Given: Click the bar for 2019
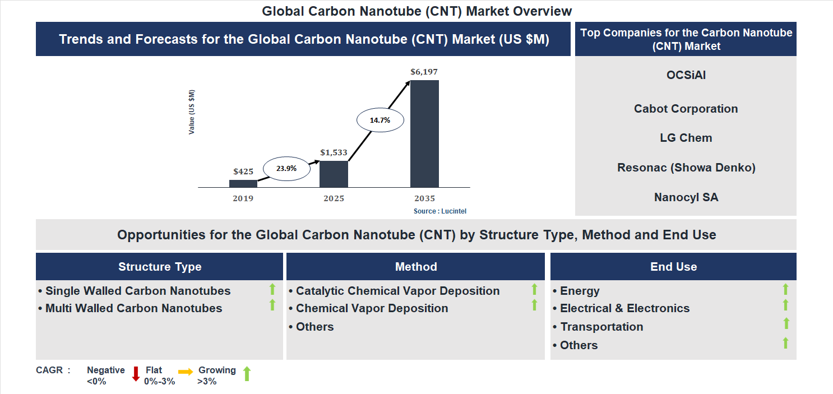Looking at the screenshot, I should (243, 183).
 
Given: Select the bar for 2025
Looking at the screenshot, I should (334, 174).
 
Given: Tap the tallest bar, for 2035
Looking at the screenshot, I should (424, 133).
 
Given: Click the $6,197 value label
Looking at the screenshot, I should (424, 72).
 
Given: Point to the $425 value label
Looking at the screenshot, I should (243, 171).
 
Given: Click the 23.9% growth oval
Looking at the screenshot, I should (286, 168).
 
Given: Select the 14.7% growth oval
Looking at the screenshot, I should (380, 120).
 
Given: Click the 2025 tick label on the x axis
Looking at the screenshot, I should (334, 198).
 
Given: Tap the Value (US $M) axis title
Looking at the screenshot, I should (192, 112).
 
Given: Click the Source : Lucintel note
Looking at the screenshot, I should (440, 211).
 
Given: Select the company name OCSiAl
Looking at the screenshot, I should (686, 75).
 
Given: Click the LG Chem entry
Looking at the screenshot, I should (686, 138).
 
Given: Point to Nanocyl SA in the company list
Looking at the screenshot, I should (686, 197).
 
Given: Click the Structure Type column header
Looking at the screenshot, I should (160, 267).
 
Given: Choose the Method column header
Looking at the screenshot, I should (415, 267).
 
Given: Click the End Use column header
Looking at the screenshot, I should (673, 267).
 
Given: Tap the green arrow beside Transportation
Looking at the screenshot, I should (786, 323).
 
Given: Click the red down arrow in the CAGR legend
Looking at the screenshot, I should (136, 374).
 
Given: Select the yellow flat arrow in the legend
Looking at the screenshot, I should (186, 371).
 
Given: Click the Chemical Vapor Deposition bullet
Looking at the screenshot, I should (372, 308).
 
